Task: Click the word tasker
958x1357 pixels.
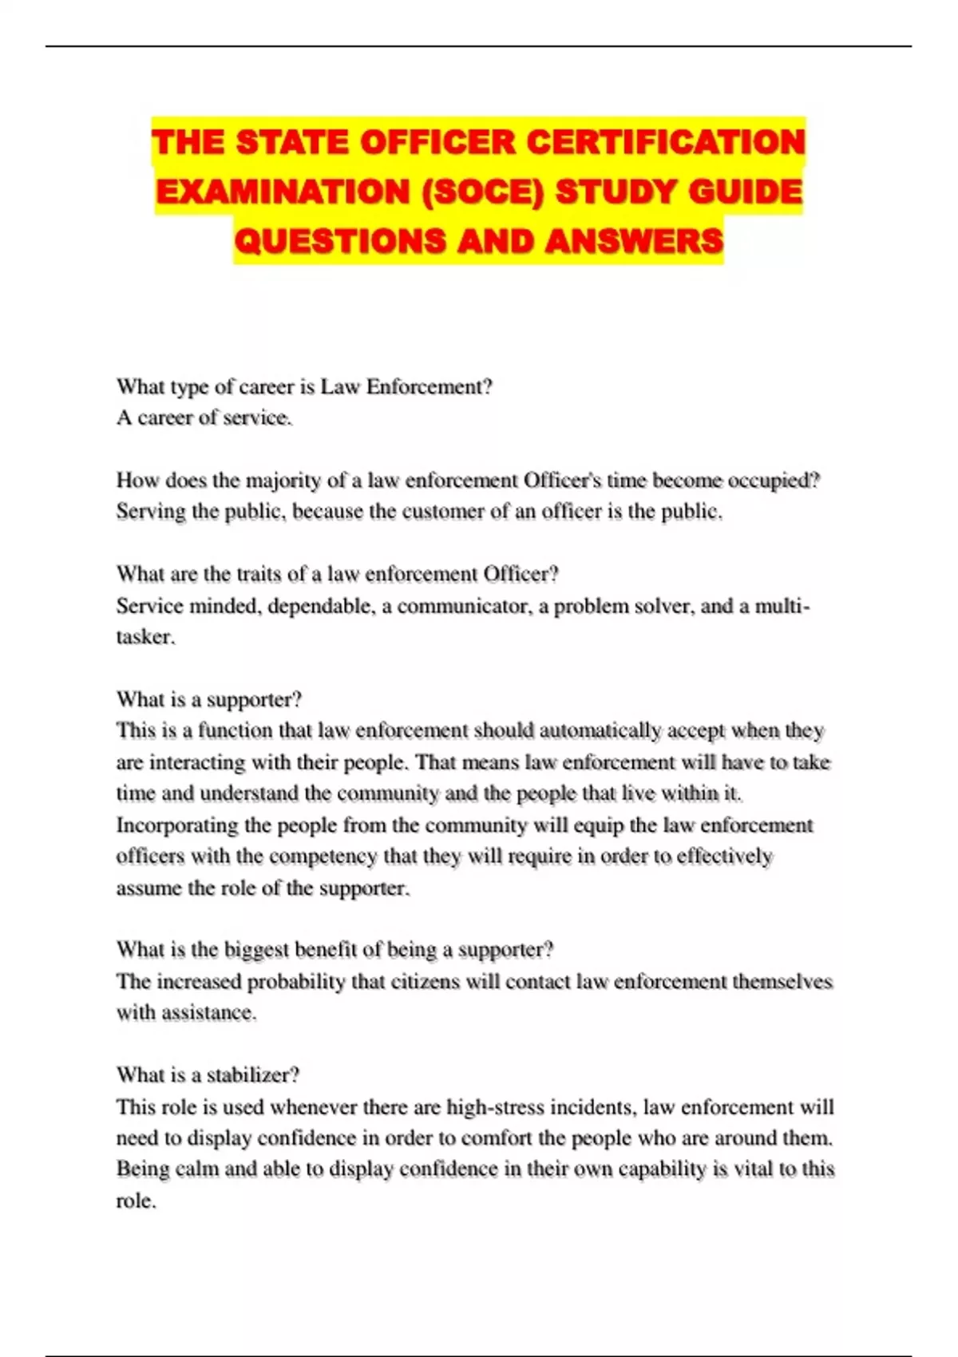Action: (x=144, y=637)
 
